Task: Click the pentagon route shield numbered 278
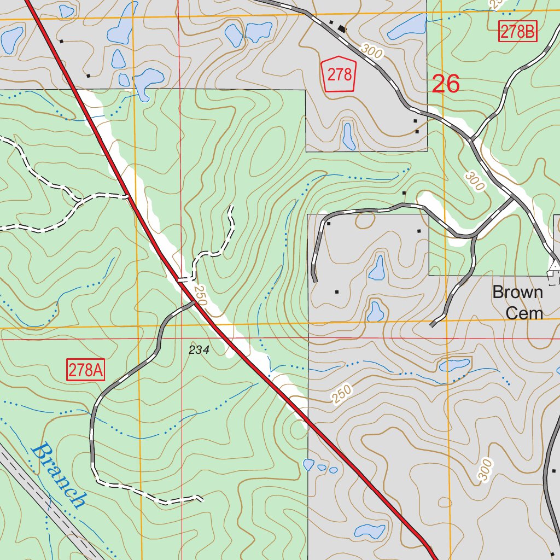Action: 339,74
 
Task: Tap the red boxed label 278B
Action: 518,32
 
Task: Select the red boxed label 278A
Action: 86,370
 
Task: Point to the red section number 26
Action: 446,84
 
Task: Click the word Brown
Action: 517,292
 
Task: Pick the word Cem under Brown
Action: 524,313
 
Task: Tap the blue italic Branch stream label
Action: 59,476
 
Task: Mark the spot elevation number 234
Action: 199,350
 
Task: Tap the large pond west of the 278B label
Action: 407,27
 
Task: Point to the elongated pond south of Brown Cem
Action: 454,364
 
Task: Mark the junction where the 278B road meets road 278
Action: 470,139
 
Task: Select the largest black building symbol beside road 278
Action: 342,28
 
